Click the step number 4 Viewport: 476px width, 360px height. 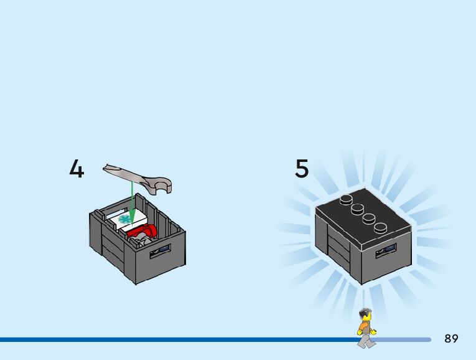(77, 169)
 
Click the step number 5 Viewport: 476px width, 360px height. (302, 169)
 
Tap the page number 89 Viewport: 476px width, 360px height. (451, 339)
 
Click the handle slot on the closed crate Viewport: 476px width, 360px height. (386, 251)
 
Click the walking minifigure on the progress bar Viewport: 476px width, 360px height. (366, 328)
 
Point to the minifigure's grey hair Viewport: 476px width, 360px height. (365, 313)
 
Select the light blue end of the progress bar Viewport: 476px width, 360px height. (404, 339)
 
